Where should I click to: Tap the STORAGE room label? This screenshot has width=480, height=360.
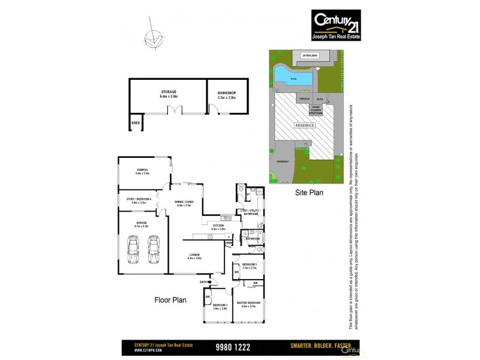pos(168,94)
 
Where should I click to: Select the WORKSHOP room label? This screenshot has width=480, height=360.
pos(226,94)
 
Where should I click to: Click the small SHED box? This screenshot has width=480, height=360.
pos(136,124)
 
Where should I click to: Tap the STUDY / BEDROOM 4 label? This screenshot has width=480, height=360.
pos(136,200)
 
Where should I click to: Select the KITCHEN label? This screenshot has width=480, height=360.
pos(218,227)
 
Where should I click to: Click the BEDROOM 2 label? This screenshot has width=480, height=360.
pos(220,306)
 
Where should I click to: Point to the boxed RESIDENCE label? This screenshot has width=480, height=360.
pos(305,125)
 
